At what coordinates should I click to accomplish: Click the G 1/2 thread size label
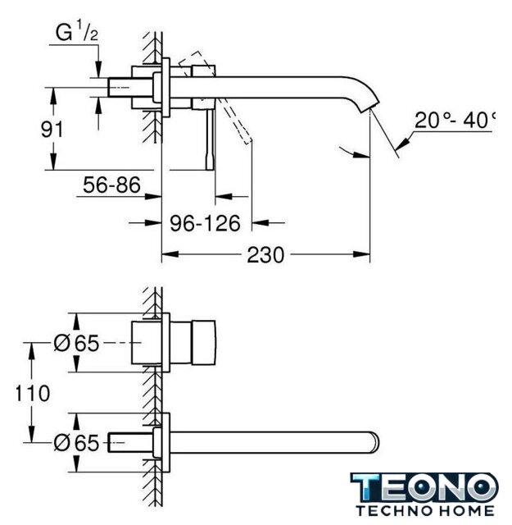coord(76,31)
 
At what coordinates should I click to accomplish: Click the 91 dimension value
coord(52,129)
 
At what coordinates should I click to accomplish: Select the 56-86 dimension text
coord(111,185)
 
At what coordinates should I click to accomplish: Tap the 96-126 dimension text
coord(206,223)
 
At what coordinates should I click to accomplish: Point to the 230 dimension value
coord(265,255)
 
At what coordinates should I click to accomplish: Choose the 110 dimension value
coord(33,393)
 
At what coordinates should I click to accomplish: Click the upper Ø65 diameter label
coord(76,343)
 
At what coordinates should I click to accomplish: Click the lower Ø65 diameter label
coord(76,443)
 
